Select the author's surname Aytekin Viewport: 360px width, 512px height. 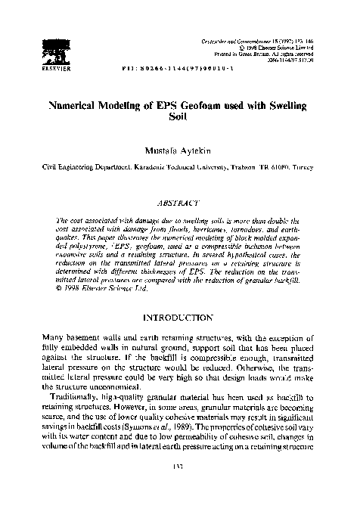(x=195, y=150)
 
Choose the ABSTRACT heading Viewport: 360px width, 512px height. (x=179, y=202)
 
